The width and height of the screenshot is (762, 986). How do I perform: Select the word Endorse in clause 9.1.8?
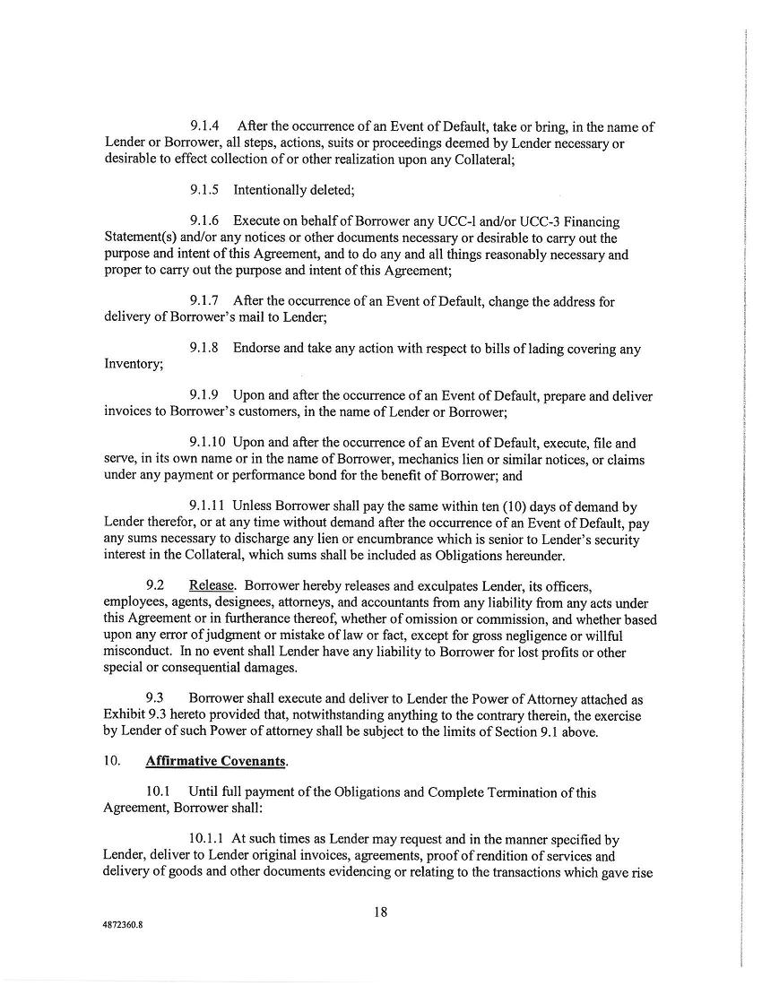[257, 349]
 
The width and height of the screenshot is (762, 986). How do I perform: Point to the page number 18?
[380, 912]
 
